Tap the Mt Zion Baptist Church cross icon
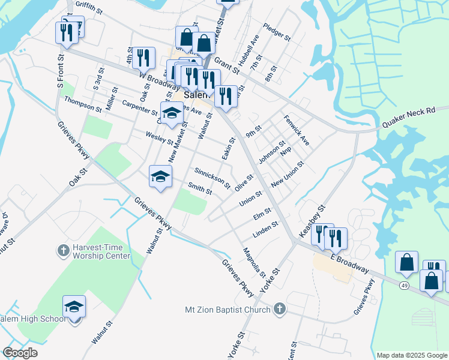[279, 310]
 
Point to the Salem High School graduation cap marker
[74, 307]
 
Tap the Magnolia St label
[254, 262]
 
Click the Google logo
[20, 352]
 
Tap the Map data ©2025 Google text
[411, 355]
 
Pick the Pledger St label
[277, 32]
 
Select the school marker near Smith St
[160, 177]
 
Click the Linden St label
[266, 229]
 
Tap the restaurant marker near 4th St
[142, 58]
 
